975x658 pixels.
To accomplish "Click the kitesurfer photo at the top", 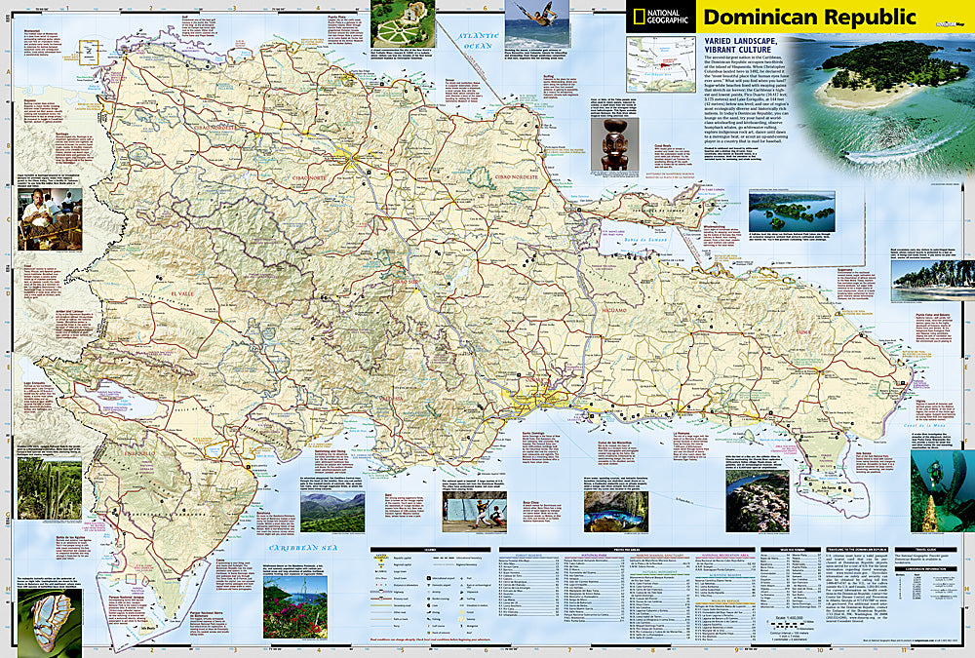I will click(x=537, y=23).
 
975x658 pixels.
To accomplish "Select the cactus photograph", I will click(x=49, y=486).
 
